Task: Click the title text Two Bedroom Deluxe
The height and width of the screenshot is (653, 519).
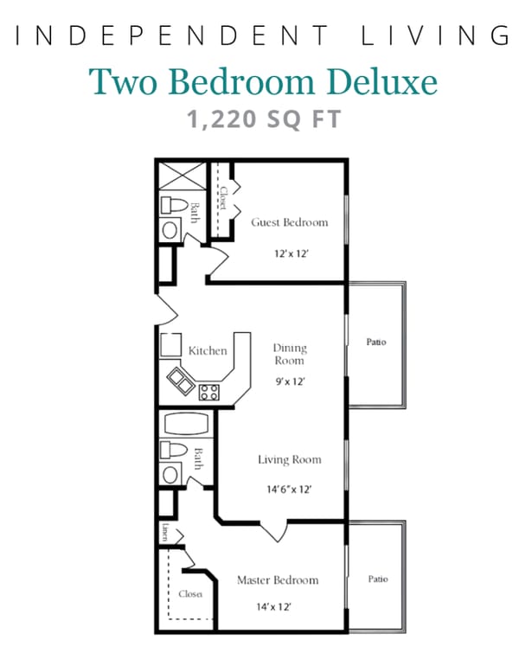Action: coord(264,80)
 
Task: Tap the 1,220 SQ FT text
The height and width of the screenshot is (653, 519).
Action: coord(264,118)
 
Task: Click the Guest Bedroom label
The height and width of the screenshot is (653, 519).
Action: coord(290,222)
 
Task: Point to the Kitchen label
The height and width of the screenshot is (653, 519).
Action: coord(208,350)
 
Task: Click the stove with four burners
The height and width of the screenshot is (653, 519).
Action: coord(209,392)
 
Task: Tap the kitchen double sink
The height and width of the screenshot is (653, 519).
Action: coord(183,379)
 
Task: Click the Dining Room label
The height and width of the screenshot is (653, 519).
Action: coord(290,355)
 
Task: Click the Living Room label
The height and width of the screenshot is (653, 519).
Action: coord(289,459)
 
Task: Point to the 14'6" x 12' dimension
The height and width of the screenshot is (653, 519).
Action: coord(289,489)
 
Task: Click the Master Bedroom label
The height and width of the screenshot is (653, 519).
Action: coord(278,579)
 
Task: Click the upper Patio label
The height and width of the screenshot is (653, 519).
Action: coord(376,343)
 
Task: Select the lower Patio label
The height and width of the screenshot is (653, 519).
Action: coord(377,579)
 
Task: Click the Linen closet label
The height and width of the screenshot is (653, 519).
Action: coord(164,532)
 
